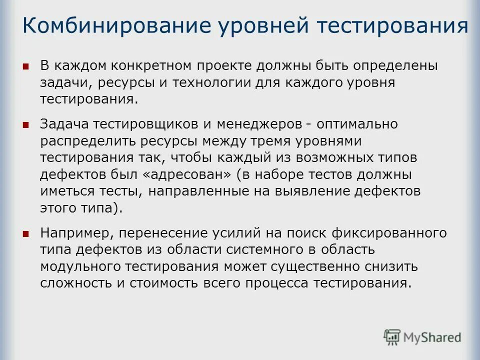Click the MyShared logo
click(x=422, y=337)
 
